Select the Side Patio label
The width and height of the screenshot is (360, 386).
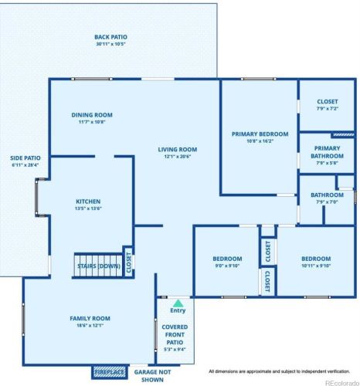[x=25, y=161]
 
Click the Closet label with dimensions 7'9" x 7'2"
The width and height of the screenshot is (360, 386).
[x=328, y=105]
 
